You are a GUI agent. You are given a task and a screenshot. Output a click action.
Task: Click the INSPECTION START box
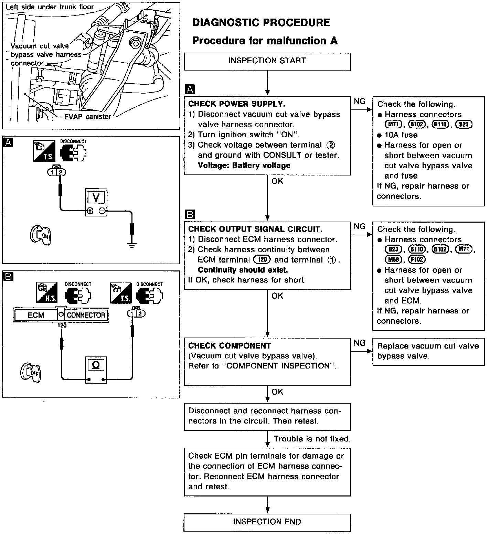(x=267, y=61)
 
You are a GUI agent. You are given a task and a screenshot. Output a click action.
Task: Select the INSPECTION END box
(x=267, y=522)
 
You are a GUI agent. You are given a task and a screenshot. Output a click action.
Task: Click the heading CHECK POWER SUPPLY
(x=237, y=104)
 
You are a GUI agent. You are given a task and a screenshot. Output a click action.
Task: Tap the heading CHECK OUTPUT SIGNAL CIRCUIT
(x=255, y=229)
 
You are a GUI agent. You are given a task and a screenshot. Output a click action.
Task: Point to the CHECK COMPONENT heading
(x=230, y=346)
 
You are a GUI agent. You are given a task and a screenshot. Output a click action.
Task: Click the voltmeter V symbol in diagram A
(x=96, y=197)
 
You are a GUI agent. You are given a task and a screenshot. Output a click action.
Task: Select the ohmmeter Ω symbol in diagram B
(x=96, y=365)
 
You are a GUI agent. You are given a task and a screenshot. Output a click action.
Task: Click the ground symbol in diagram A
(x=131, y=245)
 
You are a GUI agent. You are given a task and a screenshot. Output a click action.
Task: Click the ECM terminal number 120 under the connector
(x=62, y=325)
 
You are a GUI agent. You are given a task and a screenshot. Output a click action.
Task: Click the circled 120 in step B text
(x=262, y=260)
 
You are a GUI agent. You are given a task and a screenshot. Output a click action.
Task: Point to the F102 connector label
(x=416, y=259)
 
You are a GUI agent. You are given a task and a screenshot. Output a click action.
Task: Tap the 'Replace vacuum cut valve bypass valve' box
(x=428, y=351)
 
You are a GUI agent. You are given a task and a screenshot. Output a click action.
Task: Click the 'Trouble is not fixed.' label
(x=312, y=439)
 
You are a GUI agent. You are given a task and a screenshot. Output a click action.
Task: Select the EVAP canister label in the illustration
(x=88, y=117)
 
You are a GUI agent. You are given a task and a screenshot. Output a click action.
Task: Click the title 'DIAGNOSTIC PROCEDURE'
(x=261, y=23)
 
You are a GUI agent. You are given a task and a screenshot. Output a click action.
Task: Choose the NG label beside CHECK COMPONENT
(x=360, y=343)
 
